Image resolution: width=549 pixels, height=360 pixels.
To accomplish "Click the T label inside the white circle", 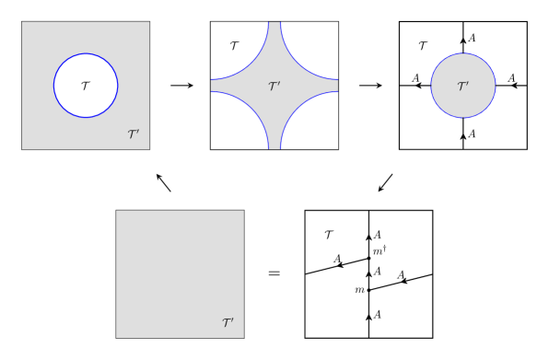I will [86, 86].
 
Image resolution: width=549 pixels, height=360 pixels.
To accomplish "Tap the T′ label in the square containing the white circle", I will [134, 134].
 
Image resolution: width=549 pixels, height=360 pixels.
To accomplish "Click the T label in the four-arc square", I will [234, 45].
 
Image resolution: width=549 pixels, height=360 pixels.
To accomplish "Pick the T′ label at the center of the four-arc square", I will [274, 87].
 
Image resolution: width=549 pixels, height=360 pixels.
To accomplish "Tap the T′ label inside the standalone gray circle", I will [462, 87].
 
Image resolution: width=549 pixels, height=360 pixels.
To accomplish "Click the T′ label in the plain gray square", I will [228, 323].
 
